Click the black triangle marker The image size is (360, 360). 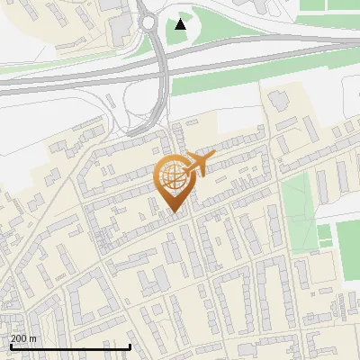[x=181, y=23]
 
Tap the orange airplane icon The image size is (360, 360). [x=201, y=164]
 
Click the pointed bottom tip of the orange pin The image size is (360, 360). [x=173, y=211]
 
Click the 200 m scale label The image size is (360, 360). [x=23, y=338]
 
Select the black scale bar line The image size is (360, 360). [x=69, y=346]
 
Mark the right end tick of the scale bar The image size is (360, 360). [x=130, y=345]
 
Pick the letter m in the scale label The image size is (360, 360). [x=33, y=338]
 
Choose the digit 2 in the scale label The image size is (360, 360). [x=13, y=338]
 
